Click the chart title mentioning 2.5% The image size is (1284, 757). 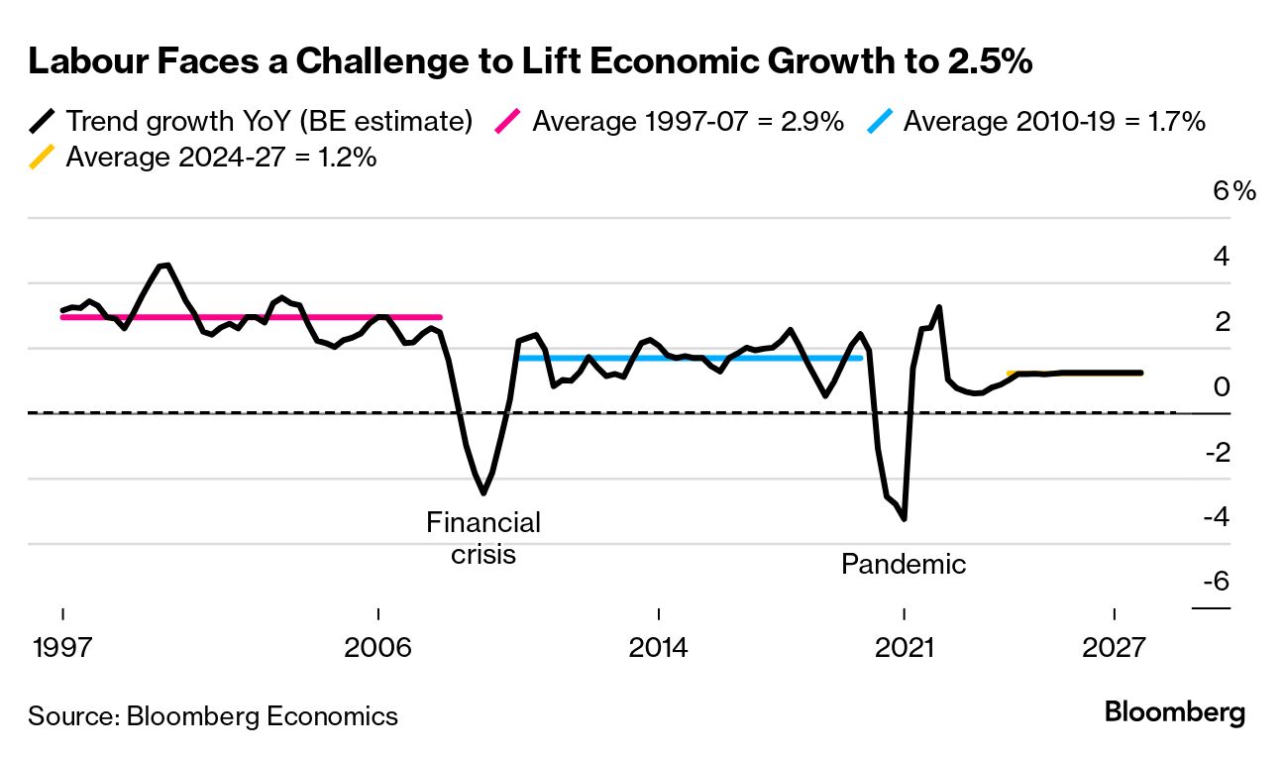click(x=530, y=61)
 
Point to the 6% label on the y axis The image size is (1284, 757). click(x=1234, y=191)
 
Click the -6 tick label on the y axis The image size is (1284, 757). click(x=1216, y=582)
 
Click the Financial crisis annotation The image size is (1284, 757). click(x=483, y=537)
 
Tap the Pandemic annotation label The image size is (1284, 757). click(x=903, y=564)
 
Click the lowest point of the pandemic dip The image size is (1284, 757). click(x=904, y=518)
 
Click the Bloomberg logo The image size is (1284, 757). click(x=1175, y=712)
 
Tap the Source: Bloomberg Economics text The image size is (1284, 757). click(x=213, y=715)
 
